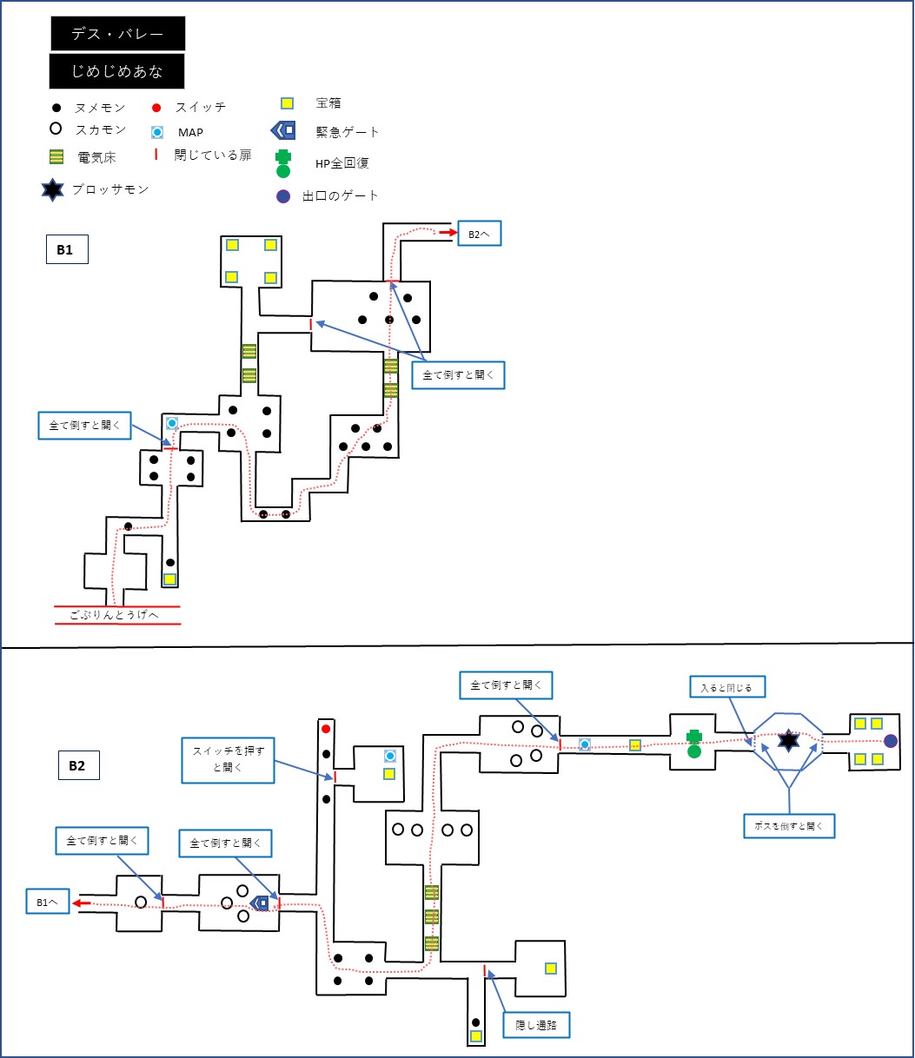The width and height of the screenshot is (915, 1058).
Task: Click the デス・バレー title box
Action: (x=118, y=33)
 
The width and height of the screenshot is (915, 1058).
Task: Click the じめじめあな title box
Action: (x=116, y=71)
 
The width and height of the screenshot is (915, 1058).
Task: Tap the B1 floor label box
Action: (x=67, y=249)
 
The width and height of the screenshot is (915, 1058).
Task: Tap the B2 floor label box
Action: (x=79, y=765)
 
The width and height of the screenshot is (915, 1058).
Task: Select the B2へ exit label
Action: (x=480, y=234)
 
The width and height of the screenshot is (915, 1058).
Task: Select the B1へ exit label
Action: (x=48, y=902)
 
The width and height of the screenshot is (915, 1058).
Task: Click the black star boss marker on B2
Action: (x=788, y=741)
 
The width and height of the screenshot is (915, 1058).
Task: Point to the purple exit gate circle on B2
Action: (x=891, y=741)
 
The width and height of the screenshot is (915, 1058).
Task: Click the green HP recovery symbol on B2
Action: (x=693, y=744)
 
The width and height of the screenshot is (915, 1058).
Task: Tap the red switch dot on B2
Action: (x=326, y=729)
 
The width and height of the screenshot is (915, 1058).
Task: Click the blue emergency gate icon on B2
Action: (x=259, y=903)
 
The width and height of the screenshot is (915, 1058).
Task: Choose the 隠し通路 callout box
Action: (x=536, y=1025)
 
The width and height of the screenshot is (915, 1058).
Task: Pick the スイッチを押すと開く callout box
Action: (x=228, y=760)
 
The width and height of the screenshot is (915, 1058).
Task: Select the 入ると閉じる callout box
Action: (x=726, y=687)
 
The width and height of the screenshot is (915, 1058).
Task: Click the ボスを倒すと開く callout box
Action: (x=789, y=825)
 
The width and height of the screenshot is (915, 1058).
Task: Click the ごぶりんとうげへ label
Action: (x=114, y=615)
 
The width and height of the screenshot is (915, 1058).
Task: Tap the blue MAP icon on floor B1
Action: (x=172, y=423)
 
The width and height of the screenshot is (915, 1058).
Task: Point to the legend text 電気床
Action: (x=96, y=157)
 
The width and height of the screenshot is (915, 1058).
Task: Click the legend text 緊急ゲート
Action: (x=348, y=132)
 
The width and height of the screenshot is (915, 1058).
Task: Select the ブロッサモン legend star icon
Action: (x=53, y=190)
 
